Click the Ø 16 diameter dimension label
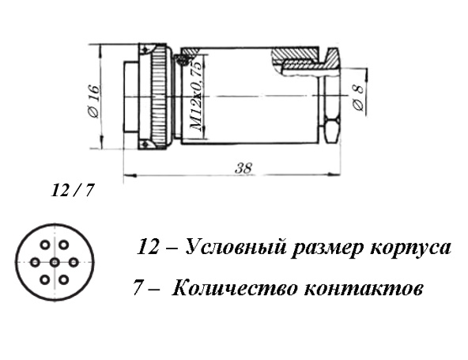[94, 101]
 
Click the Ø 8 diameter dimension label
[359, 97]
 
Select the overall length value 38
[243, 169]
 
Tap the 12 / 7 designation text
[73, 190]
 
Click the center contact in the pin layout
[54, 263]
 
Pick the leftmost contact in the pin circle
[36, 263]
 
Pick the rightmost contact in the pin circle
[73, 263]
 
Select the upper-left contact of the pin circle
[45, 245]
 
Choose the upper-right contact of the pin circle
[63, 245]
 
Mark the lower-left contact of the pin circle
[45, 280]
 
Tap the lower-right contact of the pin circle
[63, 280]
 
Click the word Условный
[236, 248]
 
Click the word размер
[327, 248]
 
